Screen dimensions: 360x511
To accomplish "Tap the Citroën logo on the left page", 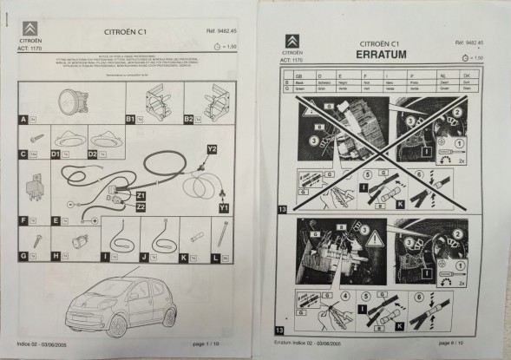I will pos(30,28).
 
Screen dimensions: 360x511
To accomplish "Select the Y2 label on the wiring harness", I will pos(212,149).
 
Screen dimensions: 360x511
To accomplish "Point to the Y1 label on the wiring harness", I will pos(224,208).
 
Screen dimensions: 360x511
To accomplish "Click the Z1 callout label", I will pos(141,197).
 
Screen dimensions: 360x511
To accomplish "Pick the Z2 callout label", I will pos(141,206).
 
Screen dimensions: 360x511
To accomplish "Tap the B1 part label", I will pos(131,117).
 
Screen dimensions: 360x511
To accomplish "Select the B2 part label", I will pos(187,117).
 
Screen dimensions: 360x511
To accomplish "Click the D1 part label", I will pos(56,154).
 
